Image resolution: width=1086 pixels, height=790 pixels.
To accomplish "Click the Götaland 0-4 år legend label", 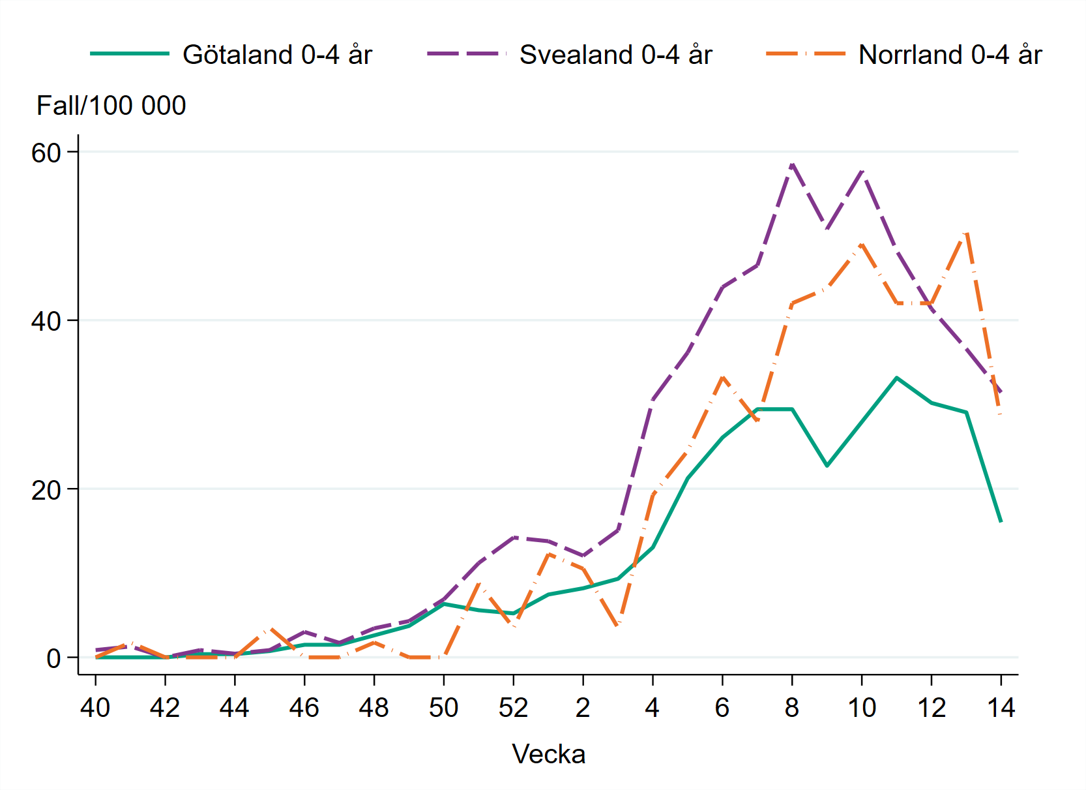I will (277, 55).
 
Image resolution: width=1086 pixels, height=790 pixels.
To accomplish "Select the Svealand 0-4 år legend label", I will (615, 55).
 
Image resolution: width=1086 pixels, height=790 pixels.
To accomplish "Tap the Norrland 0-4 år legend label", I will (950, 55).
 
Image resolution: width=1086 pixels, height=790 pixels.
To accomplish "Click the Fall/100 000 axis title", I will (111, 106).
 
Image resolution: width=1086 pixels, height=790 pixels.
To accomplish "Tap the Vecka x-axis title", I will (548, 754).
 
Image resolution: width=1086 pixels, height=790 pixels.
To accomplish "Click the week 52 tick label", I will (513, 708).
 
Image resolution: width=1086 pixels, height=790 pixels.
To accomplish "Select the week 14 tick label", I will (1001, 708).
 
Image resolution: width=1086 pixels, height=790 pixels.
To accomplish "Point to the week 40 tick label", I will (95, 708).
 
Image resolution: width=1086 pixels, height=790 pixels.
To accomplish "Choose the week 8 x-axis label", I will (791, 708).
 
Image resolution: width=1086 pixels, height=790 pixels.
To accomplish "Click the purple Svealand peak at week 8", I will (792, 164).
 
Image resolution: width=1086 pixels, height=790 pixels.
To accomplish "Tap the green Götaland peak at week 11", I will (896, 378).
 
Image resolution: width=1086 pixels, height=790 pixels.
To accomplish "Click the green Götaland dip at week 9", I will (827, 466).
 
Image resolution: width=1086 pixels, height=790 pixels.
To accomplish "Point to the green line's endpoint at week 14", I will (1001, 522).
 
